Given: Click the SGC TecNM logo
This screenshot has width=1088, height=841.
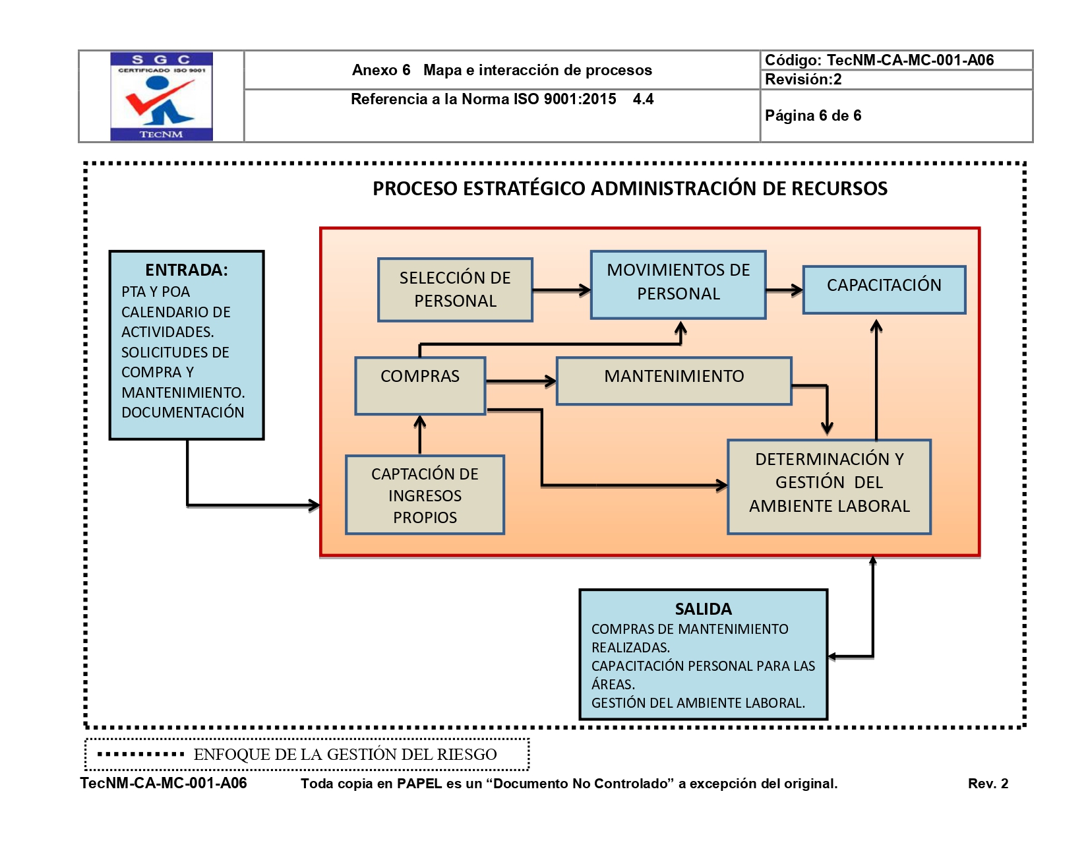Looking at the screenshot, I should [x=162, y=96].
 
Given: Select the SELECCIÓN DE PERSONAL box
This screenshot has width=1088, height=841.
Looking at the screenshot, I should [x=455, y=290].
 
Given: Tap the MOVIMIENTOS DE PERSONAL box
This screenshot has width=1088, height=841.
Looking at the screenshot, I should [x=678, y=285].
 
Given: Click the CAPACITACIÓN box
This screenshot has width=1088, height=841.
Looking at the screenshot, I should [x=884, y=290].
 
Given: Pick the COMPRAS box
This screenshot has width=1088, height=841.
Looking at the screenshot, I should [x=420, y=385].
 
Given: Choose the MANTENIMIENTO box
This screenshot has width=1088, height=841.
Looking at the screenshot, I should [x=674, y=381].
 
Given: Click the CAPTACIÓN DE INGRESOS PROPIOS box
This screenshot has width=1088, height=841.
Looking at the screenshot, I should [x=425, y=495].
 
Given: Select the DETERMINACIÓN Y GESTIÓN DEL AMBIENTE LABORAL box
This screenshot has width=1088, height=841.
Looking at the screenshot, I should [x=829, y=486].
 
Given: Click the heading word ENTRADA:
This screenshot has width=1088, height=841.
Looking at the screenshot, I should [x=187, y=270].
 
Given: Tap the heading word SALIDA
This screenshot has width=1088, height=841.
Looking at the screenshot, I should [x=703, y=609].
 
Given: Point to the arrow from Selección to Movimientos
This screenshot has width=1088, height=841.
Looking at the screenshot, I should [x=561, y=290].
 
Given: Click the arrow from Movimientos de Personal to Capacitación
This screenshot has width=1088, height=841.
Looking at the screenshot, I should [x=784, y=290].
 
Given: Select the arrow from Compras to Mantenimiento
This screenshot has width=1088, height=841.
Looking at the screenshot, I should [x=521, y=381].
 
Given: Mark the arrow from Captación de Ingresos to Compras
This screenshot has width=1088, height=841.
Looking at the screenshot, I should [x=420, y=435].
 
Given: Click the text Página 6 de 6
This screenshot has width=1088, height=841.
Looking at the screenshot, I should [x=813, y=115].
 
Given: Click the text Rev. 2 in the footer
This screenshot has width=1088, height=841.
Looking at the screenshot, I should [x=988, y=784].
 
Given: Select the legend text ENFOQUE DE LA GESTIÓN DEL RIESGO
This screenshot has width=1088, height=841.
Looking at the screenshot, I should [x=345, y=755].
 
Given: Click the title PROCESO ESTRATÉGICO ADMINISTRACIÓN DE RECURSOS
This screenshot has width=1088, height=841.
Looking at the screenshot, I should [x=630, y=189].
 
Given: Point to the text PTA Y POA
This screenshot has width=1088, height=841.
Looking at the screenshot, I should [x=156, y=292].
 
